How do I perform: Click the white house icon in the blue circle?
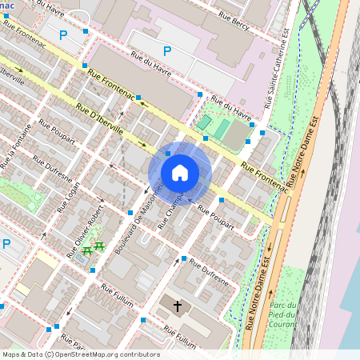pos(180,173)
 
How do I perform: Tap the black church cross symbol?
pos(177,306)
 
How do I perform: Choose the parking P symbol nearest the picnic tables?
pos(6,244)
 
